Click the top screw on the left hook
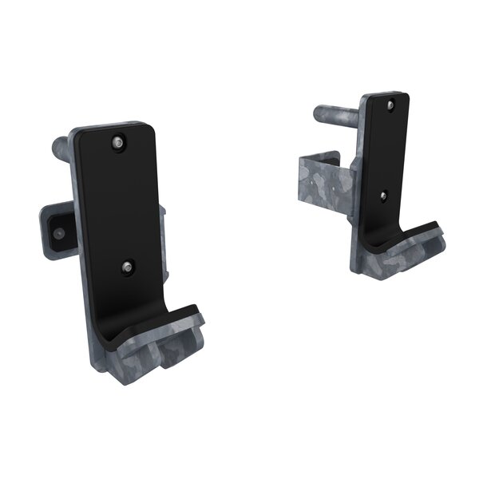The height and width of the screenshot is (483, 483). pos(117,143)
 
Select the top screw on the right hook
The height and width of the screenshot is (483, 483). pos(389,105)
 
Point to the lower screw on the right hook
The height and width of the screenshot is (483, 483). pos(383,195)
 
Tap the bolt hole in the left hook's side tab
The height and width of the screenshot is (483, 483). pos(58,233)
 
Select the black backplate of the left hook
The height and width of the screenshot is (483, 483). pos(120,208)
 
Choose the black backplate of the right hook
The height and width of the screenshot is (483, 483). pos(386,152)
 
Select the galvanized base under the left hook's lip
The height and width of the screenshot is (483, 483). pos(160,351)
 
